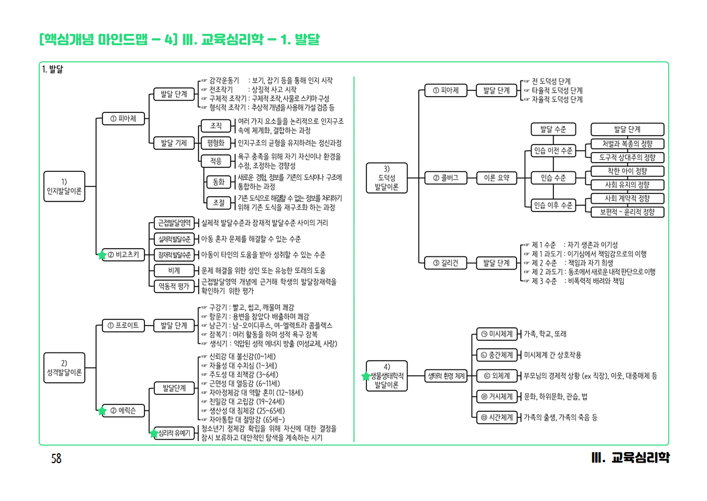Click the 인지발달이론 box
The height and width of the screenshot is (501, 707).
click(x=64, y=185)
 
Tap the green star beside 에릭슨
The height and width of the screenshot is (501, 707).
click(x=102, y=411)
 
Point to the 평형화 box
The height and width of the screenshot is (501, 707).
click(x=216, y=143)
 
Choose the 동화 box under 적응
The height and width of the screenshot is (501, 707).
click(x=219, y=182)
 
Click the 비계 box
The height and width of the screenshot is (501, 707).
click(x=174, y=270)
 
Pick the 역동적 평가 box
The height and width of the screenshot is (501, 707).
click(x=174, y=285)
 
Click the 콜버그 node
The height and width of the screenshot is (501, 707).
click(x=446, y=178)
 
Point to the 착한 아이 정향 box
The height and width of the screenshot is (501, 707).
click(x=627, y=171)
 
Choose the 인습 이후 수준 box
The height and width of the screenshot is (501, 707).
click(x=553, y=205)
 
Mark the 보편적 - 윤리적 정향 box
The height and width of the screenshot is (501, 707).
click(x=627, y=212)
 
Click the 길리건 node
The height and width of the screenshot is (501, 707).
click(x=446, y=263)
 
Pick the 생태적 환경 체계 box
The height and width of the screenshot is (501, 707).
click(x=446, y=376)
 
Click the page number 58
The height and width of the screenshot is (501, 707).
click(x=56, y=458)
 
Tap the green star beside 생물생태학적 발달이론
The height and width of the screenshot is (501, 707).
click(x=366, y=376)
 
